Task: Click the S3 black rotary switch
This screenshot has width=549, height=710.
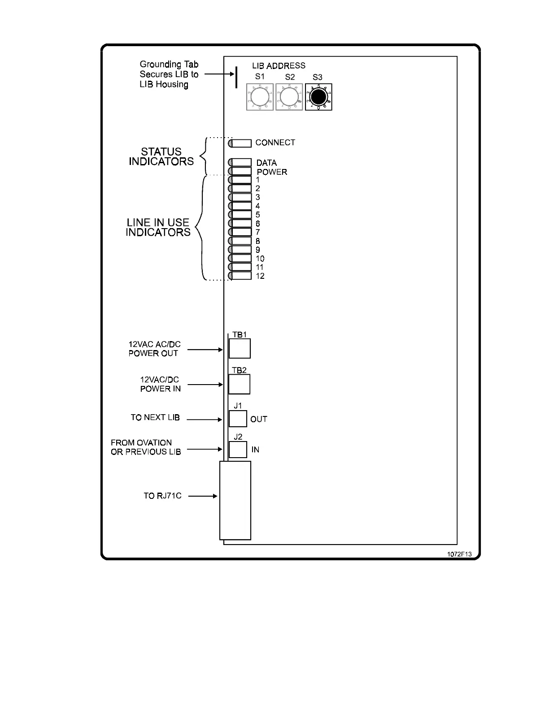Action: [318, 97]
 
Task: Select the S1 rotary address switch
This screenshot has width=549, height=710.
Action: [260, 97]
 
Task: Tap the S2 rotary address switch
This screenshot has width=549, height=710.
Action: [289, 97]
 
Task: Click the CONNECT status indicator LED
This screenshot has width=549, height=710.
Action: [240, 143]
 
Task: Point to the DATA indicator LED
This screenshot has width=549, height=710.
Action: [240, 162]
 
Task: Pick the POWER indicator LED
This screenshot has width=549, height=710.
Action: [240, 171]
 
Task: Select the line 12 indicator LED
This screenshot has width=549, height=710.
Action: [240, 276]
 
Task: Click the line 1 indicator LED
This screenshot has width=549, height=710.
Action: [240, 180]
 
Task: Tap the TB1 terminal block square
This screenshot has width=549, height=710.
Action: [240, 348]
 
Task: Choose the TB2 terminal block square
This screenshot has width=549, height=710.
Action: [239, 384]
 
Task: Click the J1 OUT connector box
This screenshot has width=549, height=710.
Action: [238, 419]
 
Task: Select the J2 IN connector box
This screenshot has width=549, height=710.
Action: [238, 449]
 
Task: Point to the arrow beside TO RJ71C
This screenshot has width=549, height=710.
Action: [203, 496]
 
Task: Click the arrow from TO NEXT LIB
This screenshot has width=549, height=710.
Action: [205, 420]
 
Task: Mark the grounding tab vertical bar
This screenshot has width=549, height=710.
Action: [236, 78]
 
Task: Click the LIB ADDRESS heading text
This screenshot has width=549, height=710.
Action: [279, 66]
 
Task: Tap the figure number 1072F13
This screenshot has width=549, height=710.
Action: [459, 554]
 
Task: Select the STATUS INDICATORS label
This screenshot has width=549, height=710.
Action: [161, 156]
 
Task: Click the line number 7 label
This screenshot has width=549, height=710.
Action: [258, 232]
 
